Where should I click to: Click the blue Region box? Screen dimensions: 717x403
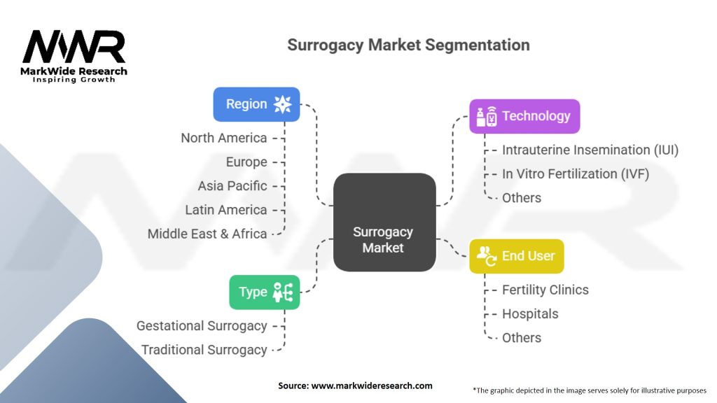coord(256,104)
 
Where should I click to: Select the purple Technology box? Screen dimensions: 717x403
coord(524,116)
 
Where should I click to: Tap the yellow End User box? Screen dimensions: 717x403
coord(516,256)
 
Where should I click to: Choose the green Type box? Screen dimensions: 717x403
coord(264,292)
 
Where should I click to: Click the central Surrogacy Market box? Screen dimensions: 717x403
coord(384,222)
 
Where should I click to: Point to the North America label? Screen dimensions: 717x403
coord(223,138)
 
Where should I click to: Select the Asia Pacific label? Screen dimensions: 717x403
coord(232,186)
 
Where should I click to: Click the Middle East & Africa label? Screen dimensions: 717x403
coord(207,234)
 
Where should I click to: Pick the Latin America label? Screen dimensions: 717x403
coord(226,210)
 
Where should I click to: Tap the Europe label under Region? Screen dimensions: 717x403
coord(246,162)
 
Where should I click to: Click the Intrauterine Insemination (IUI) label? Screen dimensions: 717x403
coord(590,150)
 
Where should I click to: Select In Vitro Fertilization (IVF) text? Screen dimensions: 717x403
coord(576,174)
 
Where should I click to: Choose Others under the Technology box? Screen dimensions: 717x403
coord(522,198)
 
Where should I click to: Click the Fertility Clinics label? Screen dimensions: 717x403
coord(545,290)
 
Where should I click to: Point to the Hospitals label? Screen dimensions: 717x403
coord(531,314)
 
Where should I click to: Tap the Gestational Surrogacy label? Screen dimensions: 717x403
coord(202,326)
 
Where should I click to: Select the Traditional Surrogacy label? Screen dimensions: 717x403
coord(204,350)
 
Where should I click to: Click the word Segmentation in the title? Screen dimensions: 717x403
coord(478,45)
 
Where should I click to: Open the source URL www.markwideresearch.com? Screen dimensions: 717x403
coord(372,386)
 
